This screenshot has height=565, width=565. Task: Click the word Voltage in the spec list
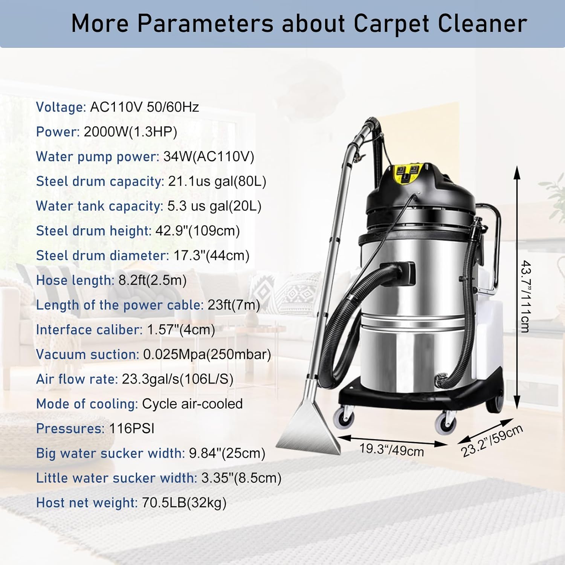[61, 107]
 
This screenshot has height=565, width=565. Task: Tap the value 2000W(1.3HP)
[130, 132]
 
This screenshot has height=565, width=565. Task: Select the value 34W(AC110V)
[209, 157]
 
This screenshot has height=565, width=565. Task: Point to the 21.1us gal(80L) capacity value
[217, 182]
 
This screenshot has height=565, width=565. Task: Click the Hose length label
[75, 280]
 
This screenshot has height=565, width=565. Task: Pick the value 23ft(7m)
[234, 305]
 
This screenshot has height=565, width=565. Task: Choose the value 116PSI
[131, 429]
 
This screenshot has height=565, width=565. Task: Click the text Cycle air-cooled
[192, 404]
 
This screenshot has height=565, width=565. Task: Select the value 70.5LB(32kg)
[184, 503]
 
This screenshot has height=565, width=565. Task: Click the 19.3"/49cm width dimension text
[391, 450]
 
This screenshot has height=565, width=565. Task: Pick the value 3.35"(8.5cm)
[241, 478]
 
